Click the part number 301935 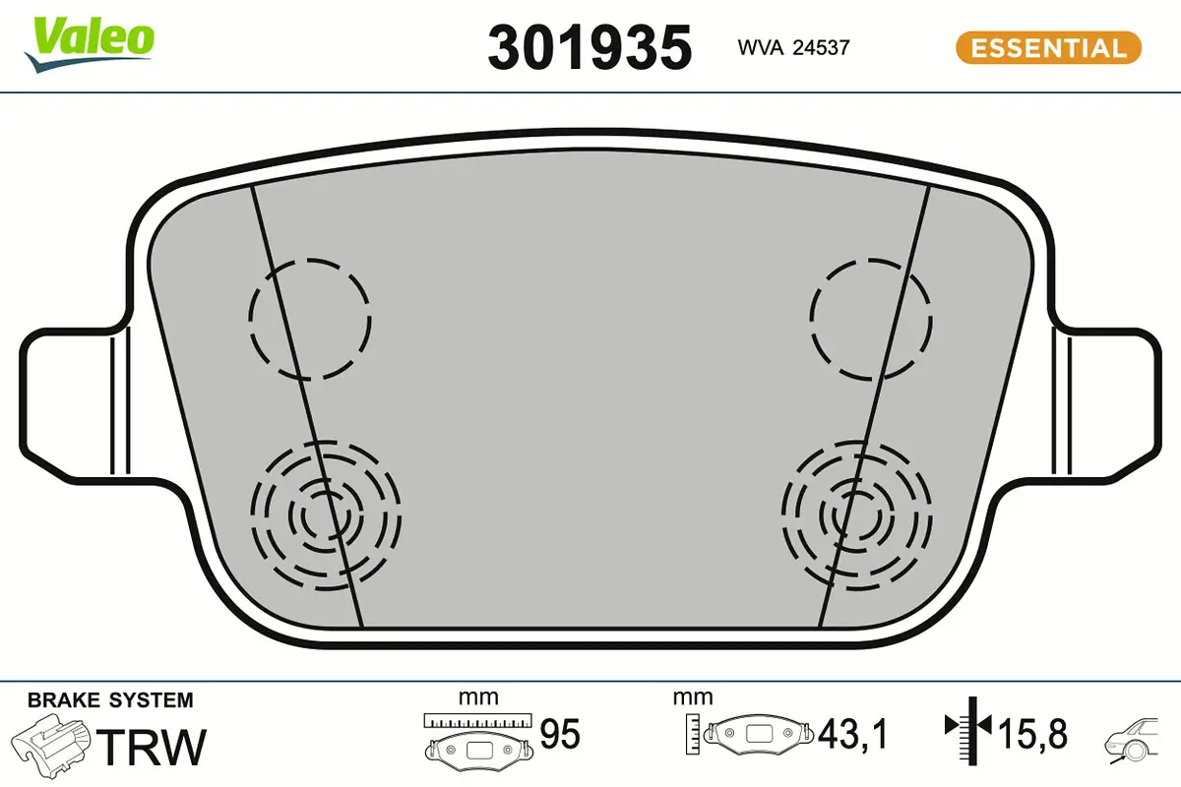[x=590, y=48]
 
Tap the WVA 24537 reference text [x=793, y=48]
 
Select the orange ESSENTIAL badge [x=1049, y=48]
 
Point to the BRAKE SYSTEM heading [x=110, y=700]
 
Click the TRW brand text [x=152, y=747]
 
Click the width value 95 [x=560, y=734]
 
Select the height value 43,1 [x=853, y=734]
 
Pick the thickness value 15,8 [x=1032, y=734]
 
